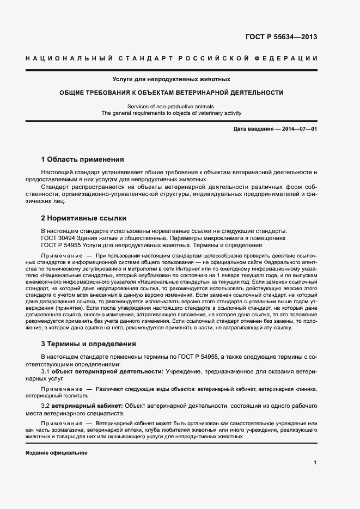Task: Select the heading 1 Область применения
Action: tap(83, 160)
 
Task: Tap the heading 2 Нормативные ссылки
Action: tap(84, 218)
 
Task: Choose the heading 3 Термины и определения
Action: tap(89, 344)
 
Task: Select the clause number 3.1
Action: tap(46, 371)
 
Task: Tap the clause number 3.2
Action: tap(46, 406)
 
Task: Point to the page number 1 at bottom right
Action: tap(315, 463)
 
